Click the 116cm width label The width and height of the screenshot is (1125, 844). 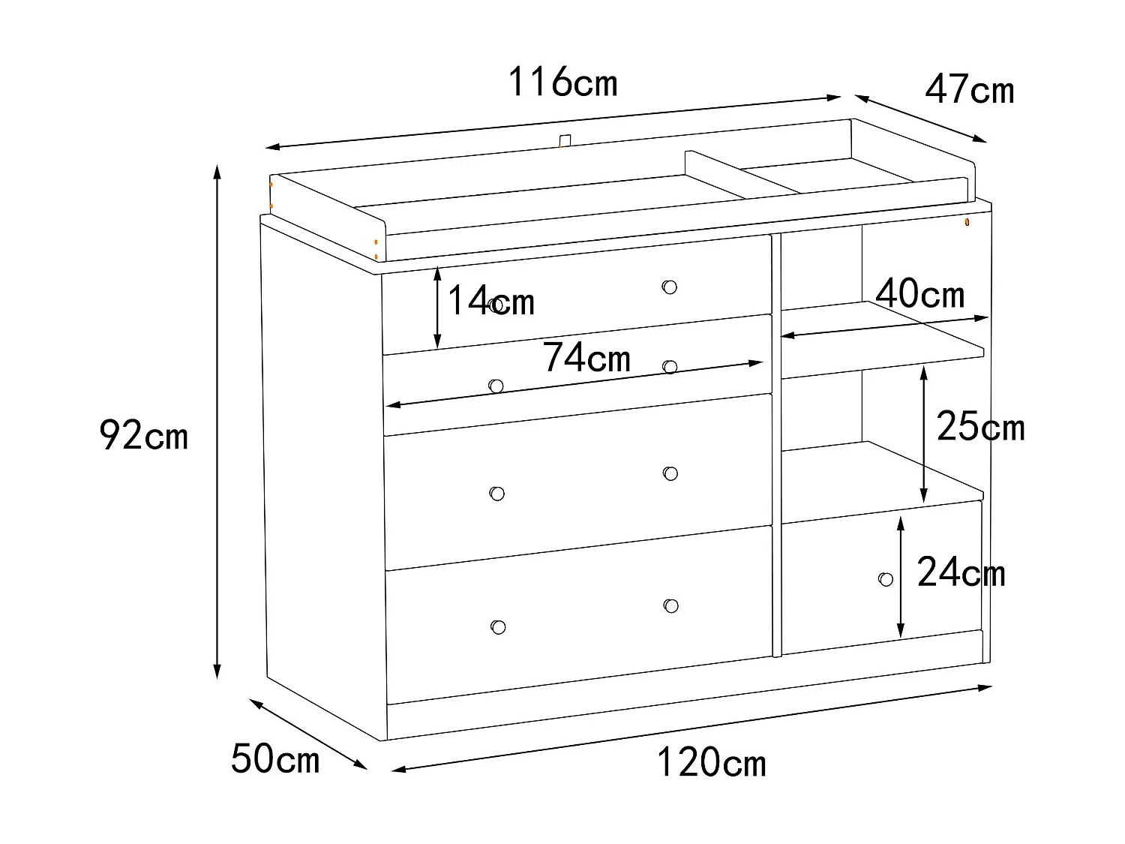562,83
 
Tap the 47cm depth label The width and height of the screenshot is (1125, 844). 969,90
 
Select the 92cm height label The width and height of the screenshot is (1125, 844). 143,436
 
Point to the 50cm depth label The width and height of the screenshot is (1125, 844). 275,758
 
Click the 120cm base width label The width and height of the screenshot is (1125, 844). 711,763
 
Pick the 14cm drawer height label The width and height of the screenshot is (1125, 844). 490,302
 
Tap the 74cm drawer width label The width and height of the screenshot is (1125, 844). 586,358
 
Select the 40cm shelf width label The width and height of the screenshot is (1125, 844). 919,294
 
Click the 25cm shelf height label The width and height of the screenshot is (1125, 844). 980,428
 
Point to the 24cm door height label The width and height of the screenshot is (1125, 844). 961,574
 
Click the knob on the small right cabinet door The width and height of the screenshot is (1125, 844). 886,579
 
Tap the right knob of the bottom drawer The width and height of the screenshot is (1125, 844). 670,605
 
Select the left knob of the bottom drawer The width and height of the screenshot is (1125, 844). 497,627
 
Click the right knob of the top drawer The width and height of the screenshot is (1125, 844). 670,287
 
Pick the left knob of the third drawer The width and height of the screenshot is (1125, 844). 496,494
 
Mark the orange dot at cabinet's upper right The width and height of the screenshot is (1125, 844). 967,223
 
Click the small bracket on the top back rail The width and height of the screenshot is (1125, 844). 565,140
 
